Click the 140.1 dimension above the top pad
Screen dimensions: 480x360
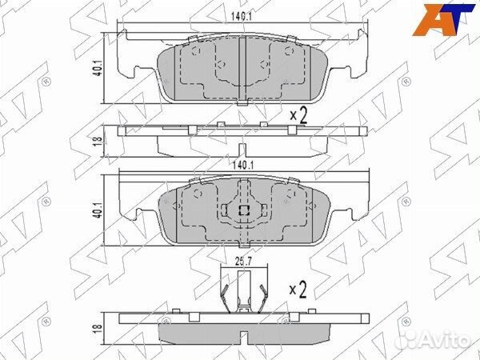pos(241,17)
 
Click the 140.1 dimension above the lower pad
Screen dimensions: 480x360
pos(242,166)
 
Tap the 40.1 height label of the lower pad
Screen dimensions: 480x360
pos(98,210)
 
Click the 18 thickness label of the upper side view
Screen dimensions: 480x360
pos(98,141)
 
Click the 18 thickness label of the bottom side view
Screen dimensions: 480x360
pos(98,327)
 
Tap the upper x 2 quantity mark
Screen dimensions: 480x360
pos(298,115)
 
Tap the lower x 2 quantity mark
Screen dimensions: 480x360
pos(298,290)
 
